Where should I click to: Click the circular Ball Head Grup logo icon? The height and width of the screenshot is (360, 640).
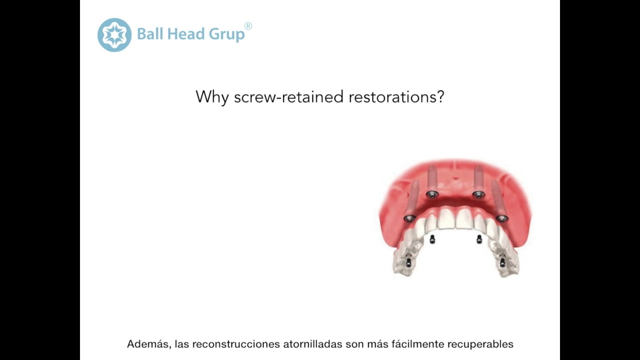114,35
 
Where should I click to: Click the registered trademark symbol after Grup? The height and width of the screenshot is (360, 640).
248,26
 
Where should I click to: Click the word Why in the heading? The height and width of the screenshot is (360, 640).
212,96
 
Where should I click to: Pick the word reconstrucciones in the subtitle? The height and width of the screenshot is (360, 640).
236,344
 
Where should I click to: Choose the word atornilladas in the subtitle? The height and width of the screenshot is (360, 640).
313,344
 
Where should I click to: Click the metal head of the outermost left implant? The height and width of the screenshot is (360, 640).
409,218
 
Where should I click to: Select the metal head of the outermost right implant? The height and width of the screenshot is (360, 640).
501,218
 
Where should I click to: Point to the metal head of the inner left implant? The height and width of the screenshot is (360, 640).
432,194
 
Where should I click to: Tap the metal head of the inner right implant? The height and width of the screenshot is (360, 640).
478,194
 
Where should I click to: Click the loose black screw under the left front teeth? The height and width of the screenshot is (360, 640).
432,239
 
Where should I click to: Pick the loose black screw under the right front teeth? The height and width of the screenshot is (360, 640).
479,239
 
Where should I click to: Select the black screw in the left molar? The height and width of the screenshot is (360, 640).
408,262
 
